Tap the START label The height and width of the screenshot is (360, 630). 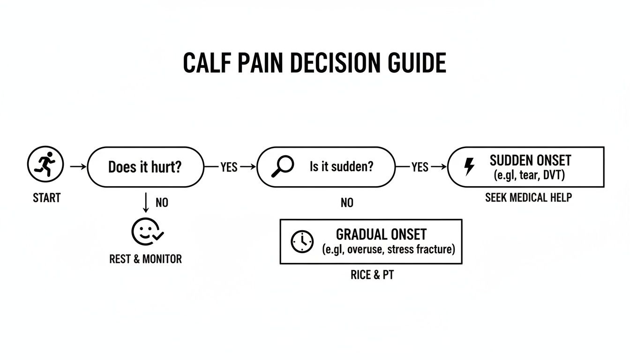(x=47, y=198)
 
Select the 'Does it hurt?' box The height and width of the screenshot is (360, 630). (x=145, y=167)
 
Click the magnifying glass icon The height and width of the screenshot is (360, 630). (x=283, y=166)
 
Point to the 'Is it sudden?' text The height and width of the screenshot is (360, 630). (x=342, y=166)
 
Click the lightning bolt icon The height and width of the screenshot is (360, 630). (x=469, y=167)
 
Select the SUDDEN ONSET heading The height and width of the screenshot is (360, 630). (x=530, y=160)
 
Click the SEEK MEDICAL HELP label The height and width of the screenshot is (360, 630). (x=528, y=198)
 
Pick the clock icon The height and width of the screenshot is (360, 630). (x=302, y=242)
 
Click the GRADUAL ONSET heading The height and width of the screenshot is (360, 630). (x=381, y=234)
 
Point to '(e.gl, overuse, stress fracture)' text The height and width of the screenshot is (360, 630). (x=389, y=250)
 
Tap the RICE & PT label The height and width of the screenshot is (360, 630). (x=372, y=275)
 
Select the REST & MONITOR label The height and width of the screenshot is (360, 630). (x=145, y=259)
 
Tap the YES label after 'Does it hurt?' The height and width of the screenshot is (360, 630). (x=229, y=167)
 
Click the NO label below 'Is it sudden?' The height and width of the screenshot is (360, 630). (x=347, y=203)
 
